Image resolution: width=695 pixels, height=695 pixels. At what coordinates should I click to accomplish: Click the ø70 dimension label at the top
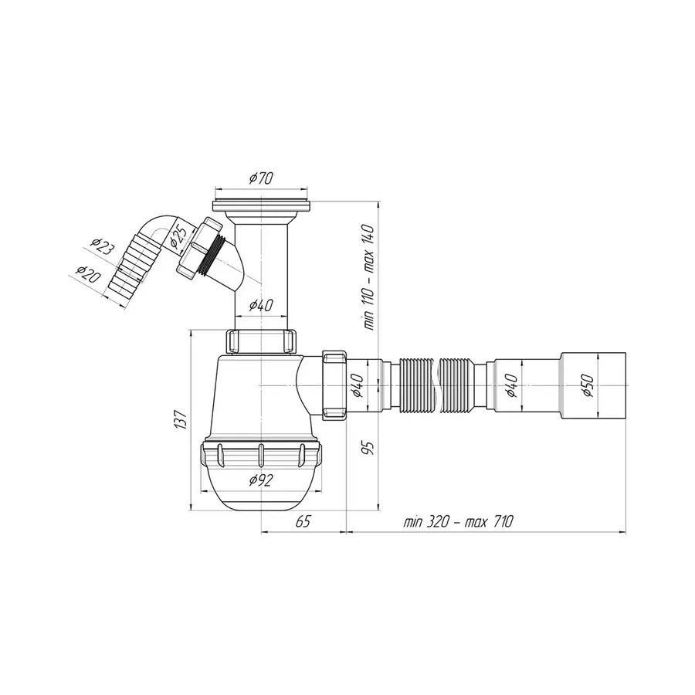[x=262, y=178]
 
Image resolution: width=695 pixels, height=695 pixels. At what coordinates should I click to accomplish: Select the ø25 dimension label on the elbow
[x=175, y=235]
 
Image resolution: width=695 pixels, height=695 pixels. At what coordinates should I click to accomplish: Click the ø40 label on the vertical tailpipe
[x=261, y=306]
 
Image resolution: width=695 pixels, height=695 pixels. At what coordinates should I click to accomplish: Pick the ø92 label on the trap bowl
[x=261, y=481]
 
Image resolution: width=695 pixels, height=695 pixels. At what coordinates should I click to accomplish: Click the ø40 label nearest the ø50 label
[x=510, y=384]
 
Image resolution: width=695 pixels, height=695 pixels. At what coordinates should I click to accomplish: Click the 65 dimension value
[x=303, y=522]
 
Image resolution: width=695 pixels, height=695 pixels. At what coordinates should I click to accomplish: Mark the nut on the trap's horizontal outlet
[x=334, y=384]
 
